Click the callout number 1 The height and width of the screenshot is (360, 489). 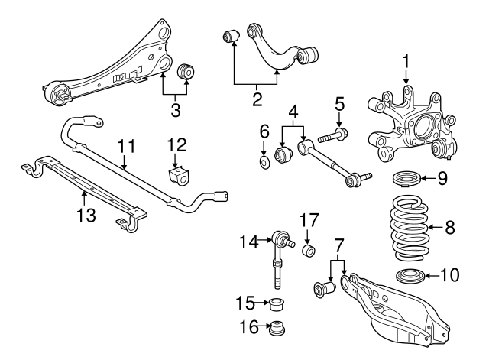407,59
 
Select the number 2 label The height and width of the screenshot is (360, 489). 257,99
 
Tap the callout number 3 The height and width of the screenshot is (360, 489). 175,109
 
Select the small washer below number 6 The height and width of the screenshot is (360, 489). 264,162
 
